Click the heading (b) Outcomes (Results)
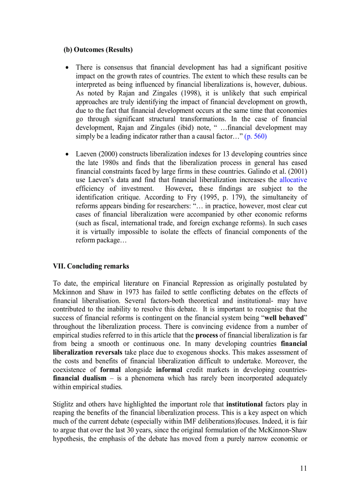click(98, 50)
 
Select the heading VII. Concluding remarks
click(91, 266)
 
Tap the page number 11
click(303, 468)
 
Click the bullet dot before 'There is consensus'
click(67, 68)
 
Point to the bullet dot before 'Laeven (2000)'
click(67, 154)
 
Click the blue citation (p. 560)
click(255, 136)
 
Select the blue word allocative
click(293, 180)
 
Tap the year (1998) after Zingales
click(185, 93)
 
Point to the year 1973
click(132, 292)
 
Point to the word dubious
click(294, 84)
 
